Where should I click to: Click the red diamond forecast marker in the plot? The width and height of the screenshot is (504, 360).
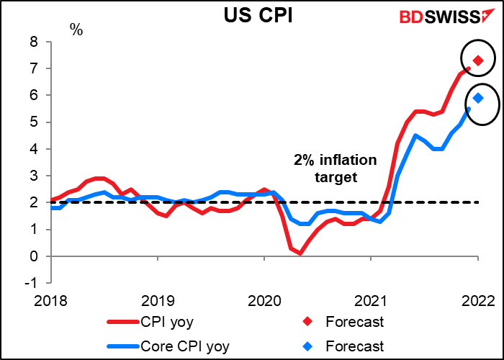click(x=477, y=60)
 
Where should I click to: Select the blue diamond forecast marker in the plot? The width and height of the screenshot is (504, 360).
click(x=477, y=99)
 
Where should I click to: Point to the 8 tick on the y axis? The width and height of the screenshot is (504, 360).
click(x=35, y=42)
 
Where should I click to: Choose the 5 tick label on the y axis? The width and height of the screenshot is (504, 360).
click(x=35, y=122)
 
